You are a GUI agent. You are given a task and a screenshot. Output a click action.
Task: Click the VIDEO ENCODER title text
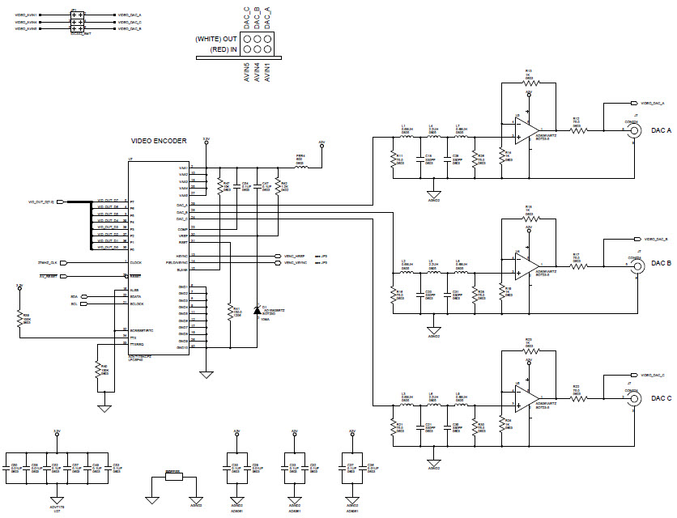[x=159, y=141]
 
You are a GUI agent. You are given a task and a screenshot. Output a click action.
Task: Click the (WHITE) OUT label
[x=215, y=38]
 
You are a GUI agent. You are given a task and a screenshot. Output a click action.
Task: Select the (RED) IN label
[x=223, y=49]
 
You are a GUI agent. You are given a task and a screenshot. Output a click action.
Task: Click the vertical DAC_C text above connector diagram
[x=246, y=17]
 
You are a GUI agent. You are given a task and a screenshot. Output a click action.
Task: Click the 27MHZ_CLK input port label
[x=52, y=263]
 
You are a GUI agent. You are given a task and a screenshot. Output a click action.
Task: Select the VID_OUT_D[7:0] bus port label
[x=42, y=201]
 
